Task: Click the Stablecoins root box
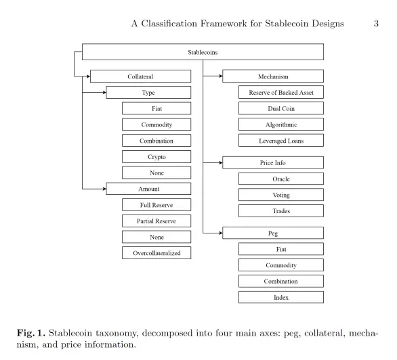(x=203, y=52)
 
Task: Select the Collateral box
(x=140, y=76)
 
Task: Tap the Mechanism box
(x=273, y=76)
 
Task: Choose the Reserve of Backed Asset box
(x=281, y=92)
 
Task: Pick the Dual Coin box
(x=281, y=108)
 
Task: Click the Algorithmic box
(x=281, y=125)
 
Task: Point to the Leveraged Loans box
(x=281, y=140)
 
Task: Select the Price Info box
(x=273, y=162)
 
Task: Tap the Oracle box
(x=281, y=179)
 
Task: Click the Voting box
(x=281, y=195)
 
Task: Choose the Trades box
(x=281, y=211)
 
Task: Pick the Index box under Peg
(x=281, y=297)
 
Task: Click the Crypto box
(x=156, y=157)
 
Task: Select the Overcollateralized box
(x=156, y=253)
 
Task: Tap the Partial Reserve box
(x=156, y=221)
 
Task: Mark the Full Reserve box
(x=156, y=205)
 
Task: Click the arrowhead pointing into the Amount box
(x=104, y=189)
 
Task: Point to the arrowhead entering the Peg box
(x=221, y=233)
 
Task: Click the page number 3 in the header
(x=376, y=24)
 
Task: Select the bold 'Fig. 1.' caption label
(x=31, y=333)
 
